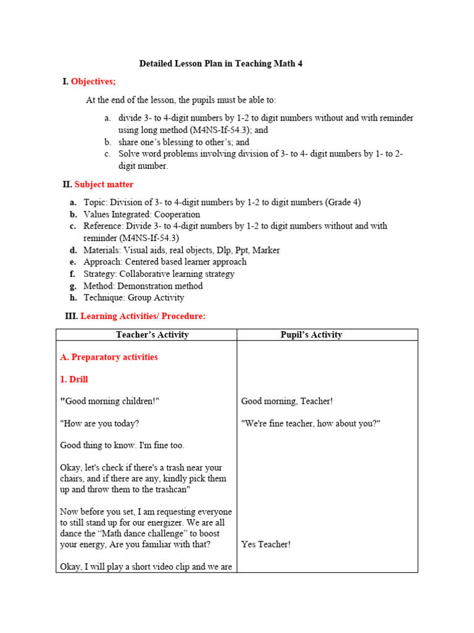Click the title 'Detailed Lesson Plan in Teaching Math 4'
click(x=221, y=64)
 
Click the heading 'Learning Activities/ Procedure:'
click(x=143, y=316)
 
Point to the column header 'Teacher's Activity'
click(x=152, y=335)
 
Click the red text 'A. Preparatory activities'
click(x=109, y=357)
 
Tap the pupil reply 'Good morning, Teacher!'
click(x=287, y=401)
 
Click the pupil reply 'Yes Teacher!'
click(x=265, y=544)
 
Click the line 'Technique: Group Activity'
click(x=134, y=297)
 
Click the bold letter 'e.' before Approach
click(x=73, y=262)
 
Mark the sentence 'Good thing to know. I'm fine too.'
click(x=122, y=445)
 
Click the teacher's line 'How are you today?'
click(x=99, y=423)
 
